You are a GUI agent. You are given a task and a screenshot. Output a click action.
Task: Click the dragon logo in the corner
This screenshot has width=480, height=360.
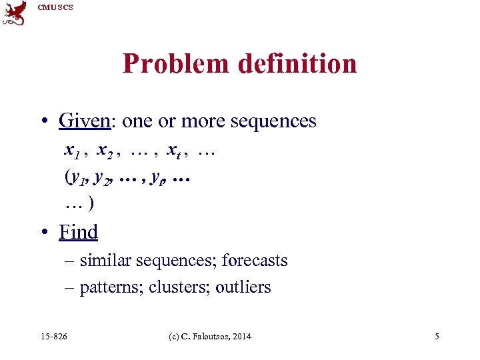pyautogui.click(x=14, y=13)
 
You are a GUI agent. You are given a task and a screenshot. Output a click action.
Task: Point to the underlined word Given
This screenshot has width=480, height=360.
pyautogui.click(x=83, y=121)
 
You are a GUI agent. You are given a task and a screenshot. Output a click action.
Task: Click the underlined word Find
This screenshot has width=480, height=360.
pyautogui.click(x=78, y=231)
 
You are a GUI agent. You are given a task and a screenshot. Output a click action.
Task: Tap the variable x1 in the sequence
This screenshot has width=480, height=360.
pyautogui.click(x=73, y=150)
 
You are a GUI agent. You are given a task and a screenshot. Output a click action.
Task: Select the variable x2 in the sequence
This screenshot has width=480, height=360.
pyautogui.click(x=105, y=150)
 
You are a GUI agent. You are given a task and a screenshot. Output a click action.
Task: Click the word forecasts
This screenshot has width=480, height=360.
pyautogui.click(x=255, y=260)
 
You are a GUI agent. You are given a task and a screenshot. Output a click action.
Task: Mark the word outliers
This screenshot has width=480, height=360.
pyautogui.click(x=243, y=287)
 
